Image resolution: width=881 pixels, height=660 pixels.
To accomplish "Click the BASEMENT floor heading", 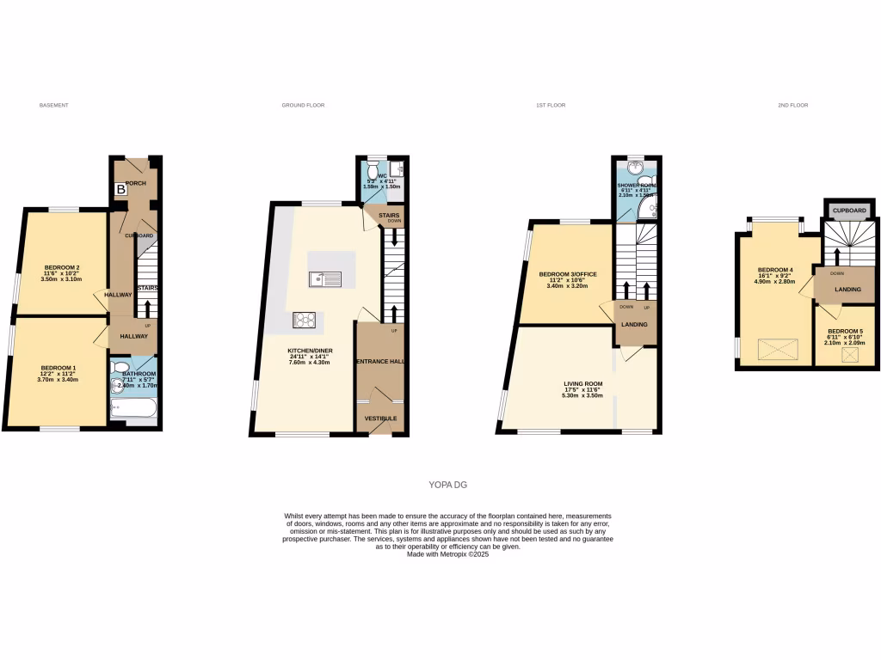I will [x=53, y=105].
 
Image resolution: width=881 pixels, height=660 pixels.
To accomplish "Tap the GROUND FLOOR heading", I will [x=303, y=105].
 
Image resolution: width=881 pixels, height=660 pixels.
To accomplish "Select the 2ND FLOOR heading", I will [x=792, y=105].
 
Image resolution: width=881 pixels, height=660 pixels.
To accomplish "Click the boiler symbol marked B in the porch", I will [x=121, y=190].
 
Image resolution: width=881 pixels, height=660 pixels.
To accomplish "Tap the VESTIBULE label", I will [x=380, y=419].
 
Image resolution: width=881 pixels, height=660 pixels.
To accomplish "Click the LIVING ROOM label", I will [x=582, y=384].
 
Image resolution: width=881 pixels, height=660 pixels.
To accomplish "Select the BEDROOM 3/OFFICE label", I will [x=567, y=274].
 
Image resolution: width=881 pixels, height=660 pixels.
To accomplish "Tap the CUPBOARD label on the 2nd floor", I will [x=848, y=211].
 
